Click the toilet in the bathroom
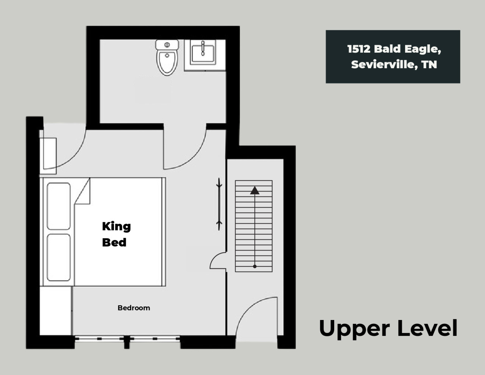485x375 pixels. pos(167,58)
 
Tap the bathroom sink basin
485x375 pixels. pos(203,54)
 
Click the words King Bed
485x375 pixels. pos(116,234)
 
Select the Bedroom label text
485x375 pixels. pos(134,308)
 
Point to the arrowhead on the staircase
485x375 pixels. pos(255,190)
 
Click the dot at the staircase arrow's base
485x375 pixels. pos(255,267)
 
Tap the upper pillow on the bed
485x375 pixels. pos(59,206)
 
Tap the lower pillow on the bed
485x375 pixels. pos(59,257)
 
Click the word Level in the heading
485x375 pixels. pos(427,328)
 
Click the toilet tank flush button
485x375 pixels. pos(167,45)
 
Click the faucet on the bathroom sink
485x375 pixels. pos(203,48)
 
